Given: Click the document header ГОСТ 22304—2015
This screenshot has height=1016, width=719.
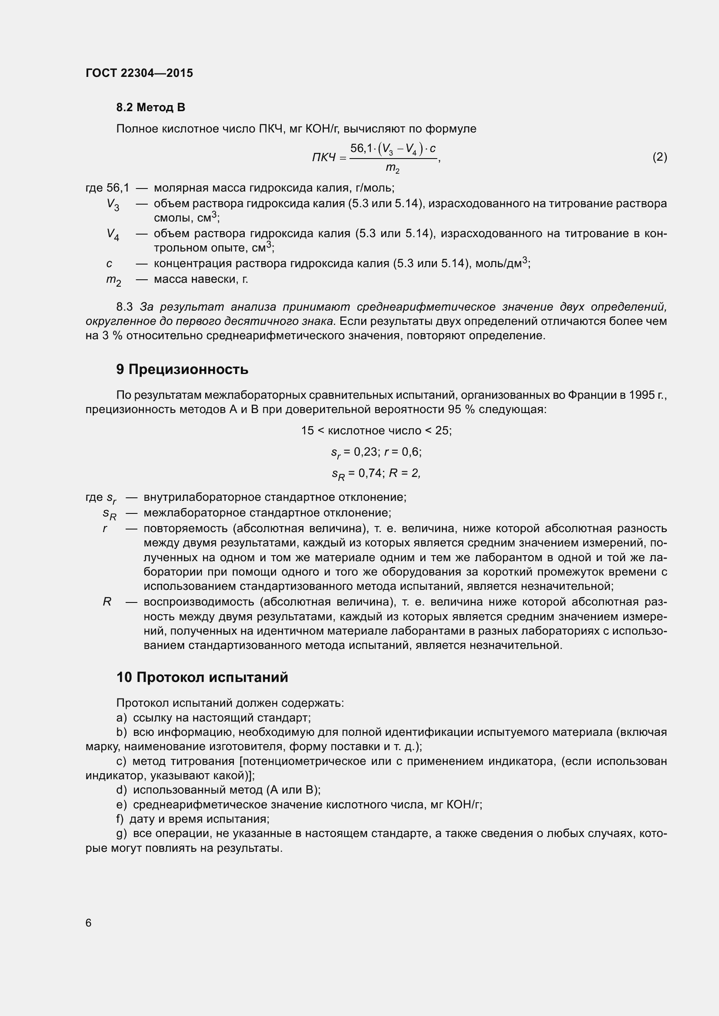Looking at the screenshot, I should click(139, 73).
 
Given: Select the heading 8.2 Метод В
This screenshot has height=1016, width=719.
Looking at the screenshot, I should click(150, 107).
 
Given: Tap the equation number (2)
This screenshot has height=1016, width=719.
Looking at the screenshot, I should click(659, 157).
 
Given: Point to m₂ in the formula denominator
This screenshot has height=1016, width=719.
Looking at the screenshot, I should click(392, 168).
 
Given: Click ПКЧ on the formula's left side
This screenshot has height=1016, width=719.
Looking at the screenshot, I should click(324, 157).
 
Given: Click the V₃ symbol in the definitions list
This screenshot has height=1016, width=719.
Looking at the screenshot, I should click(113, 205).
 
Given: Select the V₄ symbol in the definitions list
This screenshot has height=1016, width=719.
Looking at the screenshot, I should click(113, 235).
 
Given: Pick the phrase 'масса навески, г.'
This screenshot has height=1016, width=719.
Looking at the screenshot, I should click(200, 279).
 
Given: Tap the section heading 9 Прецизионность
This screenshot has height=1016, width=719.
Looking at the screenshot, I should click(182, 370).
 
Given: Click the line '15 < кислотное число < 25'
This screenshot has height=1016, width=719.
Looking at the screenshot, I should click(376, 430).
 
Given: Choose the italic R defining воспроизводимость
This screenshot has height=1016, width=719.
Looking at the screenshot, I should click(107, 602).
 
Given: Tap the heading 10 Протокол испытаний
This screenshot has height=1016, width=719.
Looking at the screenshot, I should click(202, 678).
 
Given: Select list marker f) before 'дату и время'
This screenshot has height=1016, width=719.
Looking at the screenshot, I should click(120, 819).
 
